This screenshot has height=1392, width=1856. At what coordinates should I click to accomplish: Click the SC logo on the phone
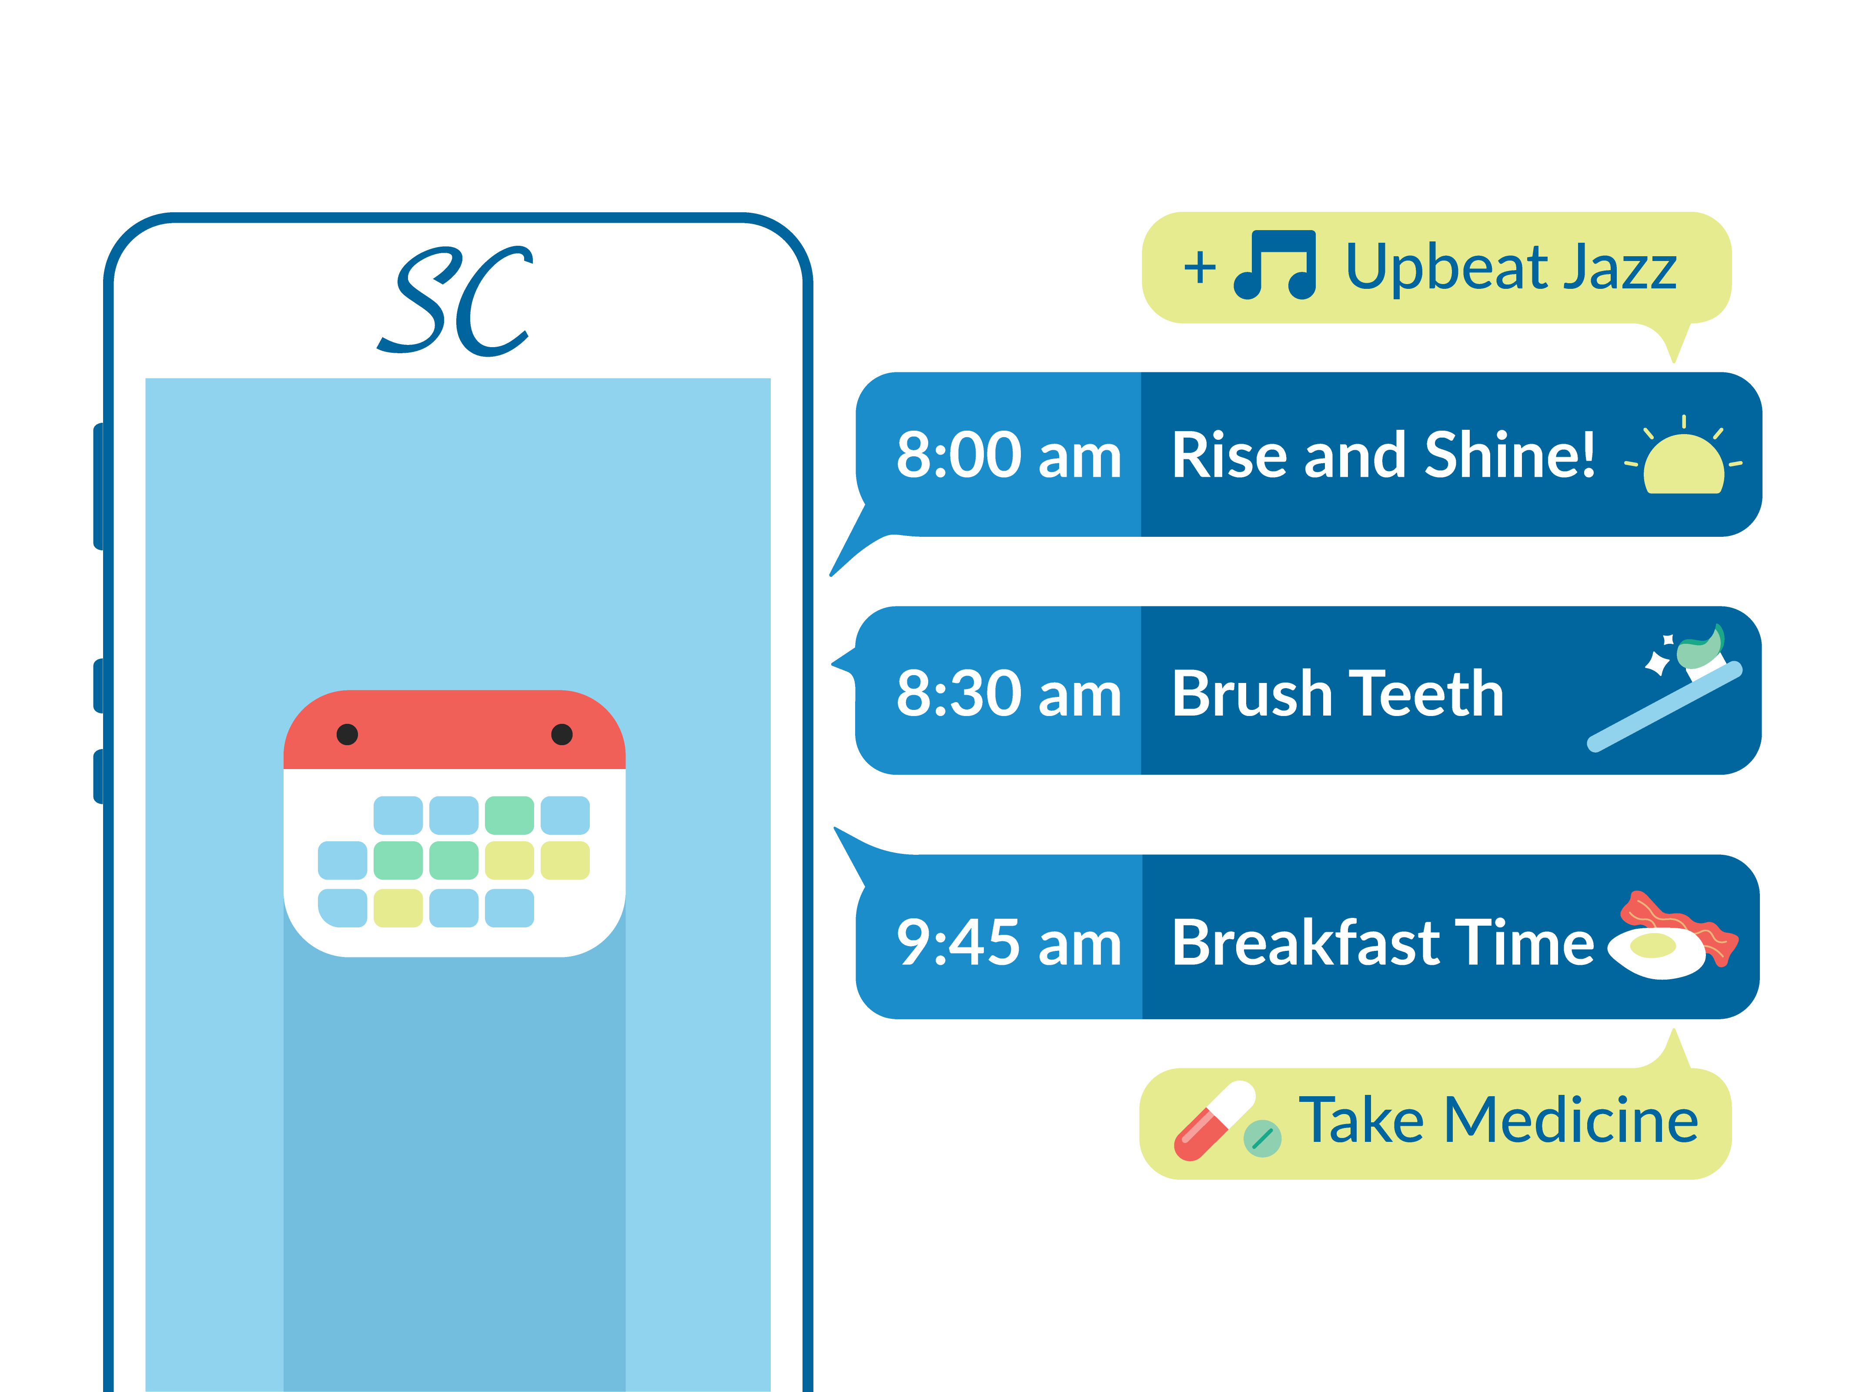[x=455, y=301]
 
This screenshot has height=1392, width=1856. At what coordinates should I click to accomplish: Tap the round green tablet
[x=1262, y=1138]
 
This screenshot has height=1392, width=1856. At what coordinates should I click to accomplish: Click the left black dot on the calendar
[x=348, y=734]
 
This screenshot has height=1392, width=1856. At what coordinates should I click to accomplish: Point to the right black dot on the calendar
[x=562, y=734]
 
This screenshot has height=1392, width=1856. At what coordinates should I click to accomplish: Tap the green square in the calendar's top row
[x=509, y=815]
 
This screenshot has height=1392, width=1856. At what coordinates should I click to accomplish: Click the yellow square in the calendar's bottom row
[x=398, y=908]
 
